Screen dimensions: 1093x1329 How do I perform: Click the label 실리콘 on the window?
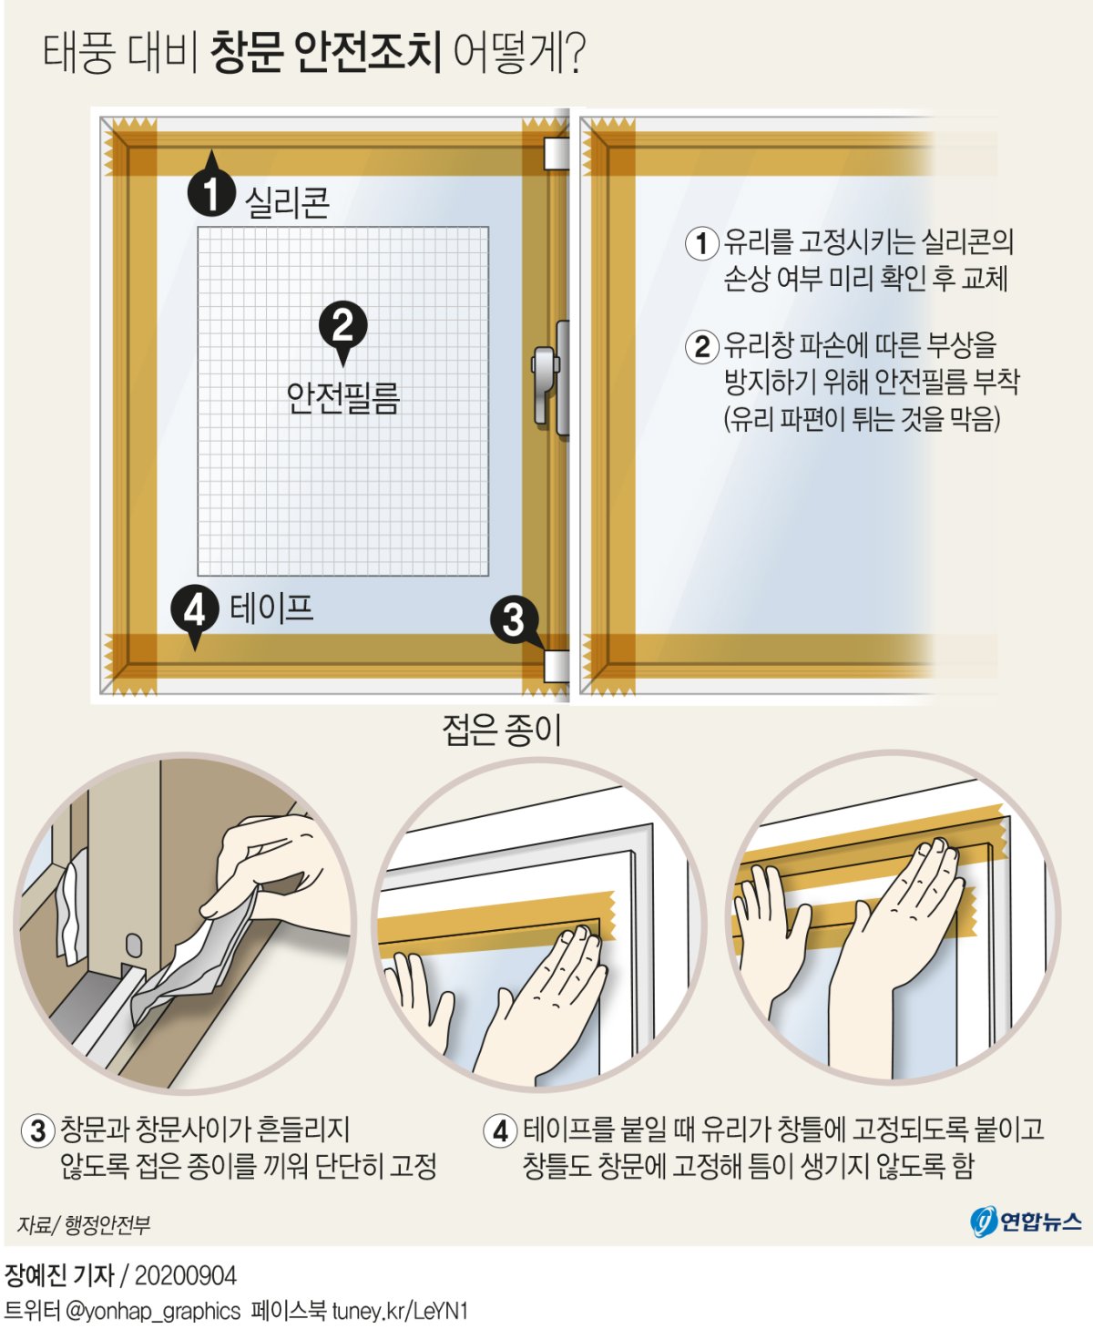pos(287,202)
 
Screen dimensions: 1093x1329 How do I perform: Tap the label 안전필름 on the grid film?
pos(342,398)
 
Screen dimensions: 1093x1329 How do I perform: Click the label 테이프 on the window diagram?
pos(271,608)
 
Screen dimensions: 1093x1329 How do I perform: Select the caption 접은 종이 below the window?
pos(502,730)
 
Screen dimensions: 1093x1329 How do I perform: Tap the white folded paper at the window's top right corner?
pos(557,153)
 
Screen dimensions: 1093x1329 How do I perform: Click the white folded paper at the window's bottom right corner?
pos(557,667)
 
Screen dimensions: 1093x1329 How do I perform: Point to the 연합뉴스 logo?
pos(1025,1222)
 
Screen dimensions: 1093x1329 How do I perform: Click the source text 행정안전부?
pos(107,1223)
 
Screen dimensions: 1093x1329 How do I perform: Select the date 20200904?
pos(185,1275)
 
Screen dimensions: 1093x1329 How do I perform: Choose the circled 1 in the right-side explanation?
pos(701,243)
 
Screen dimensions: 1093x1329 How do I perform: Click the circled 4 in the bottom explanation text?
pos(501,1131)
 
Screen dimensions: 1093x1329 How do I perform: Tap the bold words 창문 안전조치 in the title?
pos(325,52)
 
